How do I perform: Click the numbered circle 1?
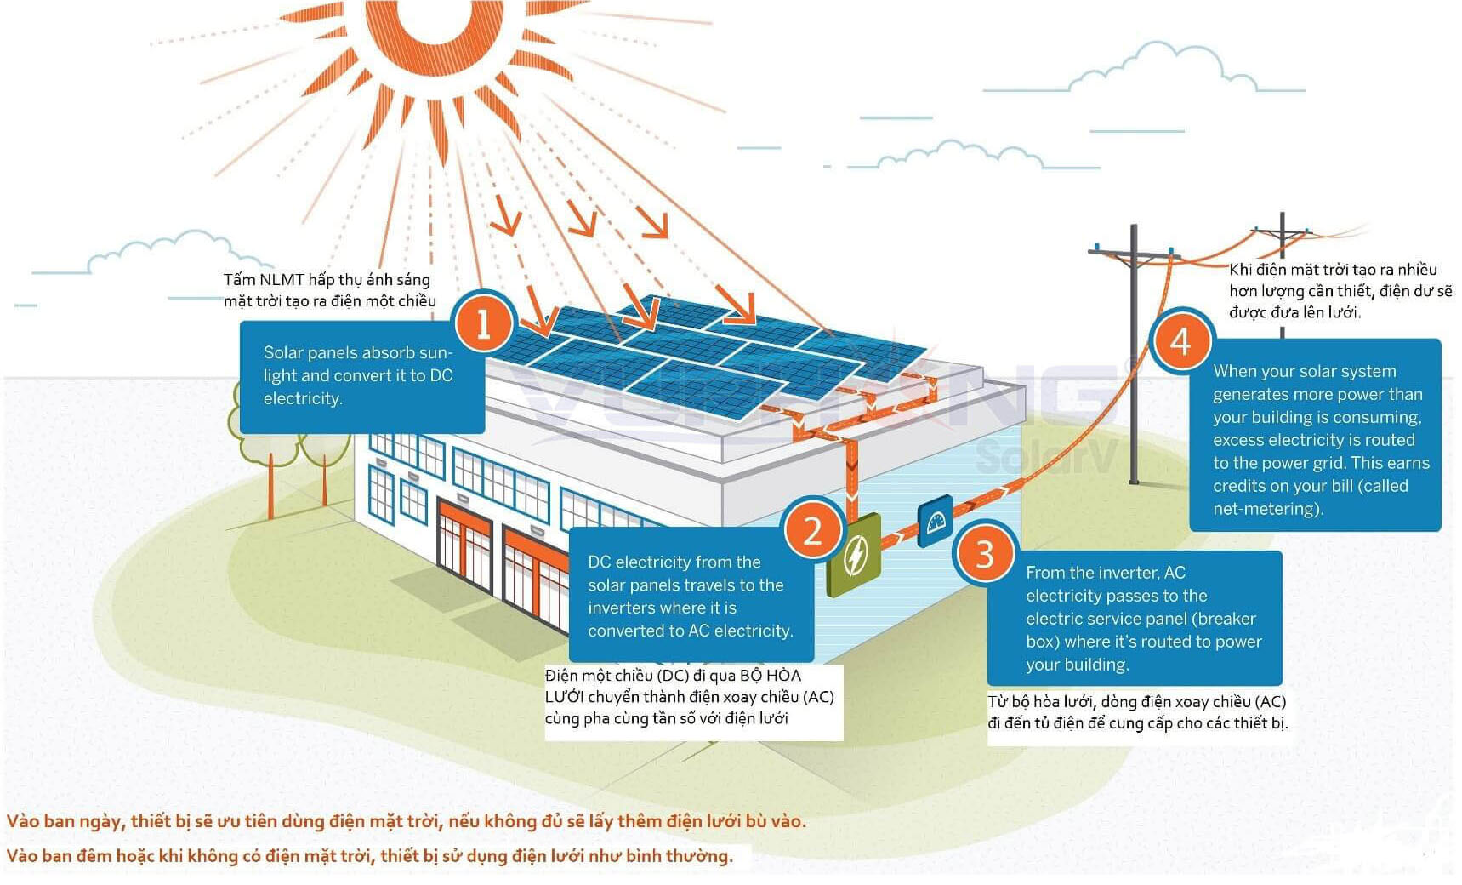point(484,324)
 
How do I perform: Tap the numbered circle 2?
point(812,531)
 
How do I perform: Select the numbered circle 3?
point(985,554)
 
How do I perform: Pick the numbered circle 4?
point(1180,341)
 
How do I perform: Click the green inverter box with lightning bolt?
point(854,554)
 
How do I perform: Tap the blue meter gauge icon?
point(936,520)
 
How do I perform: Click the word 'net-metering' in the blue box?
point(1266,509)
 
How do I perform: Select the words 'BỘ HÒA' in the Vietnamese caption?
point(771,676)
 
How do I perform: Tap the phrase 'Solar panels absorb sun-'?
point(358,352)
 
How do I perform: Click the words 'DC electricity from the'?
point(674,562)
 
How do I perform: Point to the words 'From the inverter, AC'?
point(1106,573)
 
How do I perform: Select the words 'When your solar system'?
point(1305,371)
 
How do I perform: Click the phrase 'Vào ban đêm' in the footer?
point(60,855)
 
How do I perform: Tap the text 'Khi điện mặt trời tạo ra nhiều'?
point(1333,270)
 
